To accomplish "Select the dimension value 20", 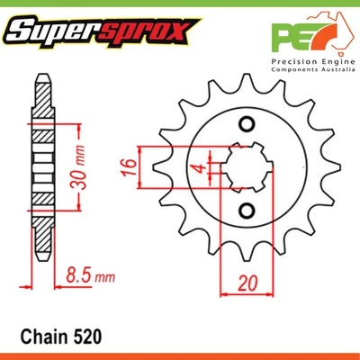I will [x=244, y=281].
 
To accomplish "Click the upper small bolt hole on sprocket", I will [x=244, y=124].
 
